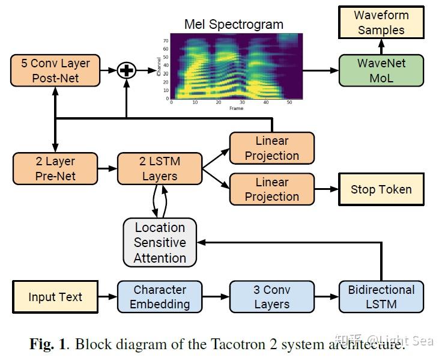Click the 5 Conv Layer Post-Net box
pos(55,70)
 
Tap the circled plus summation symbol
pos(127,70)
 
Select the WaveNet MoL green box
pos(381,70)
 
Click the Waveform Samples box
pos(381,23)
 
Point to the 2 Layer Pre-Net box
pos(55,168)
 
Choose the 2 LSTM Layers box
pos(160,168)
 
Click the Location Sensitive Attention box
pos(160,242)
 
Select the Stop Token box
pos(381,189)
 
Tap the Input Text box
pos(55,297)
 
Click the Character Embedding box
pos(160,297)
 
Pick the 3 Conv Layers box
pos(272,297)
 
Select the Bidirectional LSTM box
pos(381,297)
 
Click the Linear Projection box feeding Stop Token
pos(272,189)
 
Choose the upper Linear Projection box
pos(272,148)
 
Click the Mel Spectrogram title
pos(234,25)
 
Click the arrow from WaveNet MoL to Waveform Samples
pos(381,46)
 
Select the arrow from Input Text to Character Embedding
pos(107,297)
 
